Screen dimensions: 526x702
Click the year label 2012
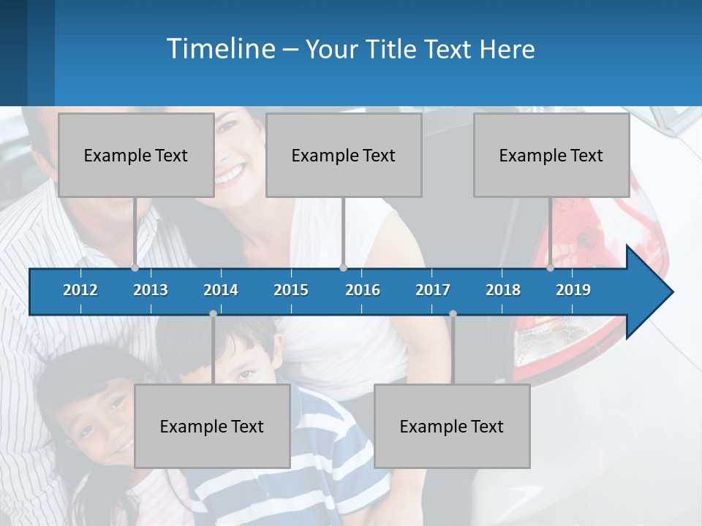click(x=80, y=290)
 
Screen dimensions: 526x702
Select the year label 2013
click(x=151, y=290)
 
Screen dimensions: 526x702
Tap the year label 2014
click(x=221, y=290)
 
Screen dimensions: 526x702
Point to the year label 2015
click(x=291, y=290)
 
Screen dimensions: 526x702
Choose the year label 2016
click(x=363, y=290)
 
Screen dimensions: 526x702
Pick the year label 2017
click(x=433, y=290)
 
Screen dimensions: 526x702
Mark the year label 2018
click(x=503, y=290)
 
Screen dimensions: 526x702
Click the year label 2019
click(x=573, y=290)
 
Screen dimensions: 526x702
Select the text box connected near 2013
click(x=136, y=155)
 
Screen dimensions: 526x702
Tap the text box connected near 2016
click(x=344, y=155)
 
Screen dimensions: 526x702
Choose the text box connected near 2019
click(x=551, y=155)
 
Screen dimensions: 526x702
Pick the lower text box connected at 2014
click(x=212, y=426)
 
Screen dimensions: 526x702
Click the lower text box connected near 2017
click(x=452, y=426)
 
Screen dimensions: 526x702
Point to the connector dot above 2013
click(x=135, y=267)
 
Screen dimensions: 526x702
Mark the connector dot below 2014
click(x=213, y=314)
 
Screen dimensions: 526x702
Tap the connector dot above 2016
click(x=343, y=267)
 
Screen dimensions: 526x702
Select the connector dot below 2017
click(x=453, y=314)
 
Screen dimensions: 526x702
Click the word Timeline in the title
click(x=219, y=49)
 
